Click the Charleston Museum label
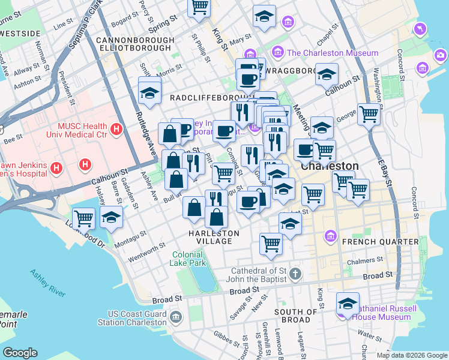pos(333,53)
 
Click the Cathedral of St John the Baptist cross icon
pos(294,274)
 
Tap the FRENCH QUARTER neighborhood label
pos(379,242)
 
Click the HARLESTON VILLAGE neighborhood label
pos(214,237)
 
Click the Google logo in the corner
pos(20,353)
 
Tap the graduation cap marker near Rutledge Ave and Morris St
pos(149,92)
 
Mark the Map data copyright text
pos(411,355)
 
